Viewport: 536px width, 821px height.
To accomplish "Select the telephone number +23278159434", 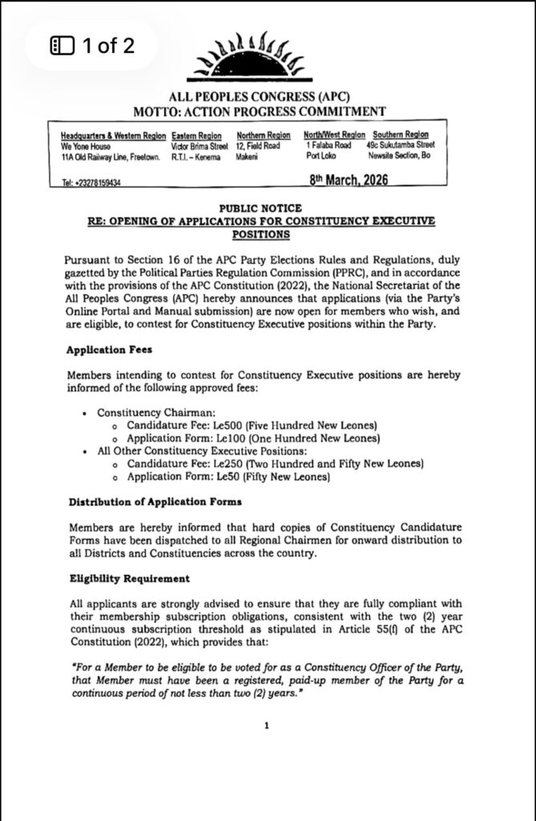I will (x=86, y=183).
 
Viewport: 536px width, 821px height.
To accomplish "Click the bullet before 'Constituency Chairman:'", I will (x=86, y=412).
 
